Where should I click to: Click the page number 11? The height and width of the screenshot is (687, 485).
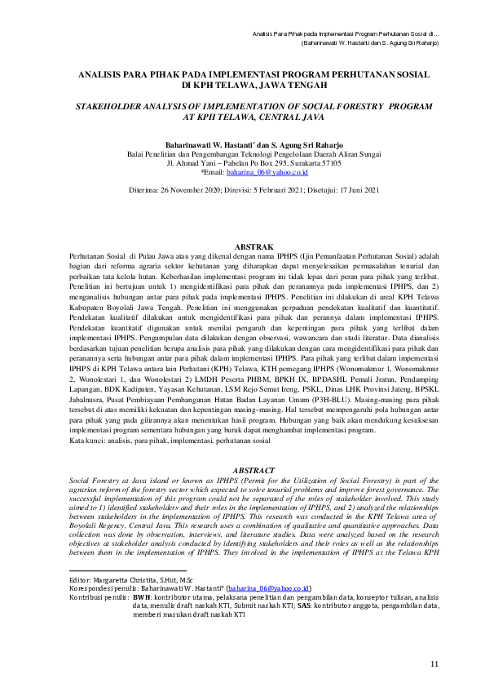434,663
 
